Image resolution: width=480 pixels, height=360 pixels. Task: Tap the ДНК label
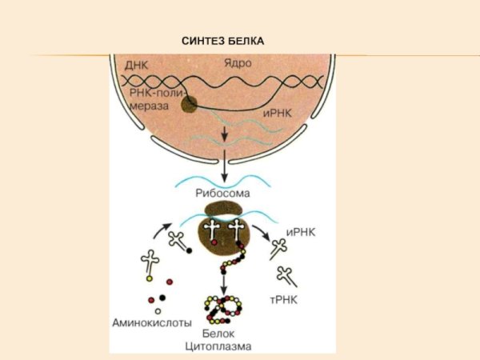point(136,63)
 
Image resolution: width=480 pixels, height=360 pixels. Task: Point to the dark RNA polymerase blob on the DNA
point(190,103)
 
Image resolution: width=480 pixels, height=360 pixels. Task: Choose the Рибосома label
point(223,194)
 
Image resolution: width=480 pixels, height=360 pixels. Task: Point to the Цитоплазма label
point(218,346)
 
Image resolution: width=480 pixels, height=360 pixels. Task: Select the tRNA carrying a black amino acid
point(178,241)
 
